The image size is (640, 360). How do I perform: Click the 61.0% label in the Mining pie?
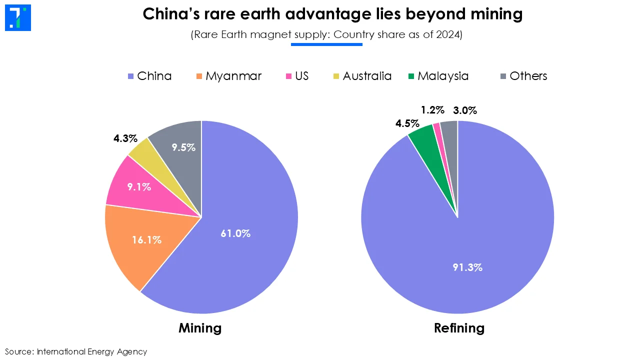coord(235,233)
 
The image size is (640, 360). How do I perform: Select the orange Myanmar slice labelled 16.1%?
coord(146,240)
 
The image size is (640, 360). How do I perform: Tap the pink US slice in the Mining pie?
coord(139,187)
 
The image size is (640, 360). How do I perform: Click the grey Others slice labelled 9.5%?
coord(183,147)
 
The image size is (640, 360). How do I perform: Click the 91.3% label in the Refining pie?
coord(467,267)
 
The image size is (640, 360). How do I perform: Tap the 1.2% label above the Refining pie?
coord(432,110)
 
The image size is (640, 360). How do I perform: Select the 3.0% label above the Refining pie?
coord(465,110)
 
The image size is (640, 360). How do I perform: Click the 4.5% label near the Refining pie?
coord(407,123)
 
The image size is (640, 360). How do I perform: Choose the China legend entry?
coord(149,76)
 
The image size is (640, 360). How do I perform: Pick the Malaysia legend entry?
coord(438,76)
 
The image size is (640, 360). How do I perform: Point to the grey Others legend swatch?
coord(503,76)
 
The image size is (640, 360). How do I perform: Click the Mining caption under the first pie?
coord(200,328)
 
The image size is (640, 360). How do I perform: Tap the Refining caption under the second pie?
coord(459,328)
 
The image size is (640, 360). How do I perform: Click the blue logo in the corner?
coord(18,18)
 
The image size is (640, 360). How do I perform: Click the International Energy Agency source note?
coord(91,351)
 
